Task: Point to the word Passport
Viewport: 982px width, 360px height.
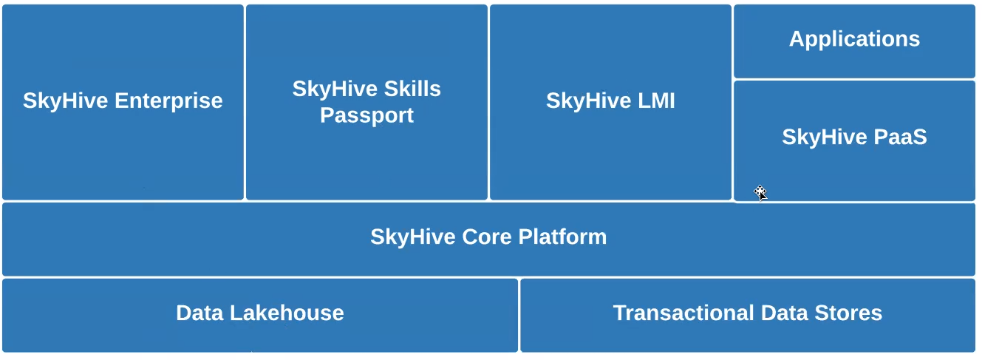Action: coord(366,115)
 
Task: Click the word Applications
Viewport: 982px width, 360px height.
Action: coord(854,38)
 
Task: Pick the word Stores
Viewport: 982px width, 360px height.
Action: coord(850,313)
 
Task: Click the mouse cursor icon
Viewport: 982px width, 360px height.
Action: coord(760,193)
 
